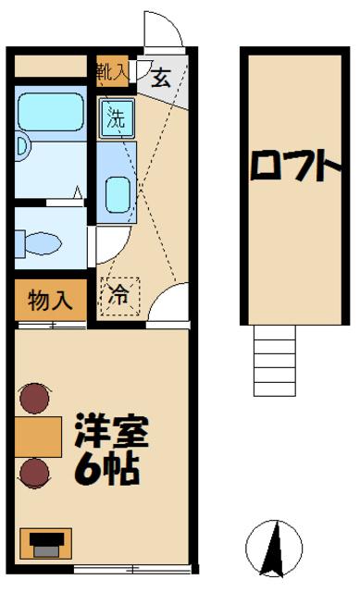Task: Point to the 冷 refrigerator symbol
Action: tap(119, 296)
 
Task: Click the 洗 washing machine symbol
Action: tap(115, 117)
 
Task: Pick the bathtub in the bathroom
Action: tap(52, 114)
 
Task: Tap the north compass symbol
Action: tap(275, 548)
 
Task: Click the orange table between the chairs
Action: tap(38, 436)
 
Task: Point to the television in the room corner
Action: tap(44, 543)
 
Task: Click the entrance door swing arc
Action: tap(162, 31)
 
